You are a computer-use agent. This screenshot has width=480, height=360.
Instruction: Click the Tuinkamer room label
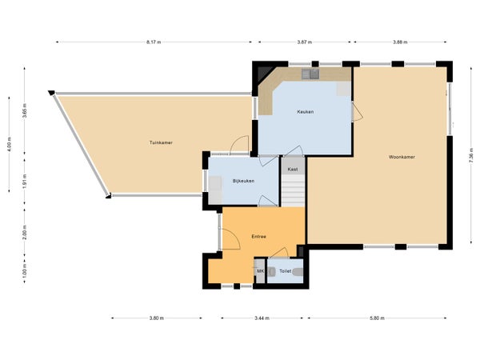click(161, 142)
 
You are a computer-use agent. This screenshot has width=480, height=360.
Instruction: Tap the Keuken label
click(306, 112)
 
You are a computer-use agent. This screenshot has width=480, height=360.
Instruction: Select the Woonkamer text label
click(402, 157)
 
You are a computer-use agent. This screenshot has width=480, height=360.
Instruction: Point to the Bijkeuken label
click(243, 181)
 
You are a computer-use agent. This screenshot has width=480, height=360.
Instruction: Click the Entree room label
click(258, 237)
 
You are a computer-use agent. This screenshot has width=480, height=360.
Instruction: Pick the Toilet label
click(285, 271)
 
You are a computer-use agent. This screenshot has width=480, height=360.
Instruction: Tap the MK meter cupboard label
click(260, 271)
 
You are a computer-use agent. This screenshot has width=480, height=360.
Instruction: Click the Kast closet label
click(293, 170)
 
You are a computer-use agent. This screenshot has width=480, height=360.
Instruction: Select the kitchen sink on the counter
click(310, 74)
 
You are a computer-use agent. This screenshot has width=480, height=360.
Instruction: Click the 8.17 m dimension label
click(154, 42)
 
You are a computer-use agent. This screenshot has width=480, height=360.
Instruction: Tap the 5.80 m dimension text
click(377, 318)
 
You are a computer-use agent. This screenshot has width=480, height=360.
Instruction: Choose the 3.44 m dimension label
click(262, 318)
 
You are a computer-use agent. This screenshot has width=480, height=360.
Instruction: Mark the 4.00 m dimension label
click(9, 144)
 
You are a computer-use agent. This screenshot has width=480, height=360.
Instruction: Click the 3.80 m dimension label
click(157, 318)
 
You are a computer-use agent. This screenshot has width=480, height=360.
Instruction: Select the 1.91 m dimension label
click(25, 181)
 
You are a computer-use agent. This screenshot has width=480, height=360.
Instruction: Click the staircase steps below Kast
click(294, 190)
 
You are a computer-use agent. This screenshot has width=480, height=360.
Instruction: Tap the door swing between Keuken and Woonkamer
click(358, 110)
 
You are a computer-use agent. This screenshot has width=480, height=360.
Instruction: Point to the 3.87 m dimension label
click(305, 42)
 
